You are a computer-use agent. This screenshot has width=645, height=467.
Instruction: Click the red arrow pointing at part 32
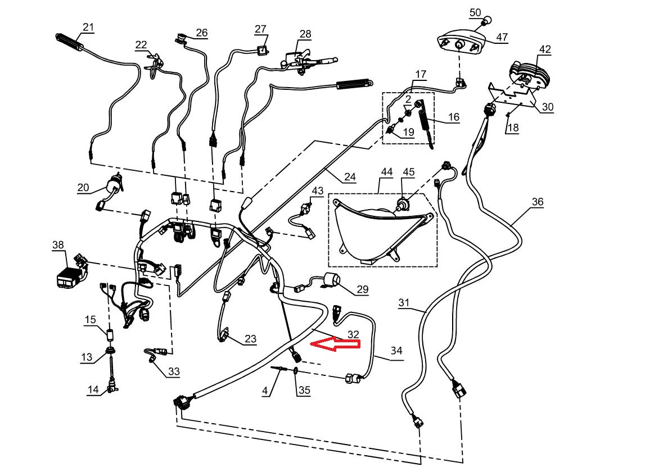[335, 344]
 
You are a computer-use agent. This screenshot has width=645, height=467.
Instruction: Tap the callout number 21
[88, 27]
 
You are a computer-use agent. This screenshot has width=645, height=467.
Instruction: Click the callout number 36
[538, 202]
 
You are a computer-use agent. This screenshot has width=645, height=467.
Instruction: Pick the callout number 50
[475, 12]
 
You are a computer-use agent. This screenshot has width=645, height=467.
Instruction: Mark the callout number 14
[93, 389]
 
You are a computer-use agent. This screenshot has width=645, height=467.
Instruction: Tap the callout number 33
[174, 371]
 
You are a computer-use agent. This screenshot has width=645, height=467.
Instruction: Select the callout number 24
[350, 177]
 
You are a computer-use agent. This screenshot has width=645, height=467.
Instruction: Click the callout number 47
[502, 38]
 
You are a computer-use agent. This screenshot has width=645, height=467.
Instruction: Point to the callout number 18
[512, 128]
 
